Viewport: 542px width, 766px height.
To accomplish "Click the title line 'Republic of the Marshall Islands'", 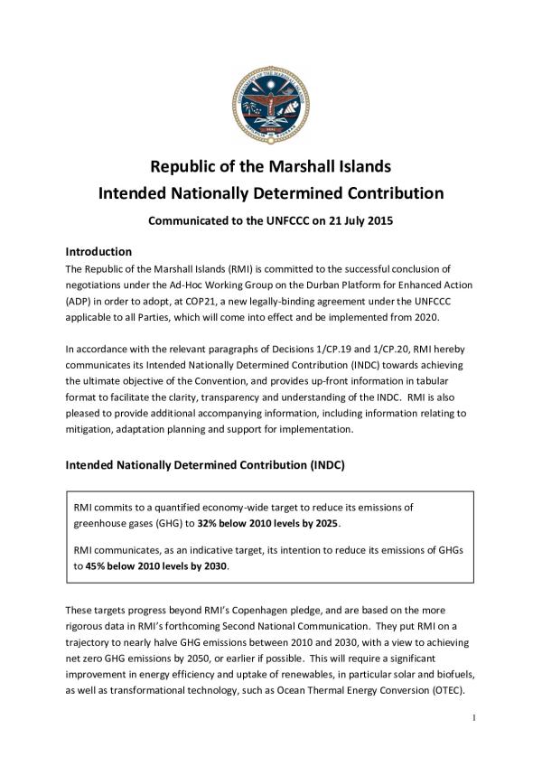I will point(270,167).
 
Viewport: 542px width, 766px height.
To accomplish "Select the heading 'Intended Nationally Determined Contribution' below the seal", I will point(270,192).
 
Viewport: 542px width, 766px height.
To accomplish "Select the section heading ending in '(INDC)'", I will point(210,465).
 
